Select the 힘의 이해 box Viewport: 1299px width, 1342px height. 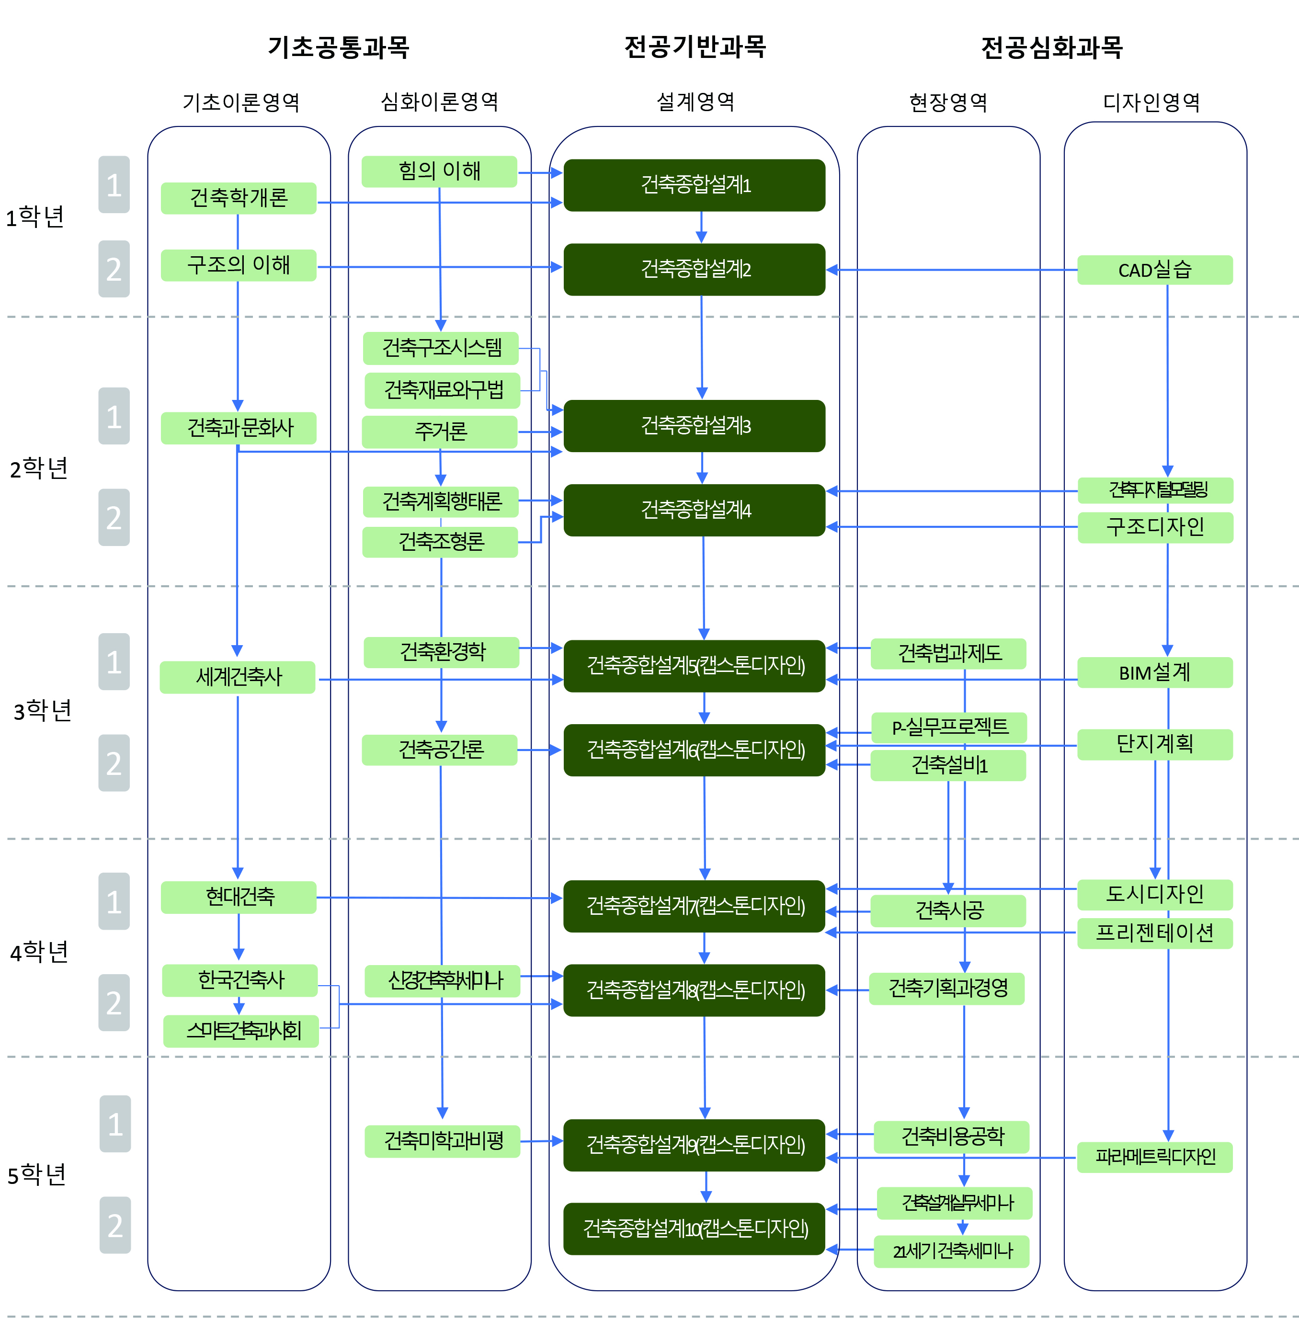[439, 171]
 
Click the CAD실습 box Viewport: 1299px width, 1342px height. [1154, 270]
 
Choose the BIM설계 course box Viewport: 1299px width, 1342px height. [1154, 672]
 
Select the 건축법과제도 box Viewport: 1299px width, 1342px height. [948, 653]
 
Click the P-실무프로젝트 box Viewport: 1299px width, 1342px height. [948, 727]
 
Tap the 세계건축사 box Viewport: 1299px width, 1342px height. [238, 677]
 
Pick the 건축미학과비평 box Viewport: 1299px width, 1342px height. [443, 1141]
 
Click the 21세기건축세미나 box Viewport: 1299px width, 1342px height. [952, 1251]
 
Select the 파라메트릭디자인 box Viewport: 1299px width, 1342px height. [1154, 1157]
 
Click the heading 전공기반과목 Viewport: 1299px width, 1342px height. [695, 46]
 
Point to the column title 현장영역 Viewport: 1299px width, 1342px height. [948, 102]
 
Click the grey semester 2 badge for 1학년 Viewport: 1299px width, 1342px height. [114, 269]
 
